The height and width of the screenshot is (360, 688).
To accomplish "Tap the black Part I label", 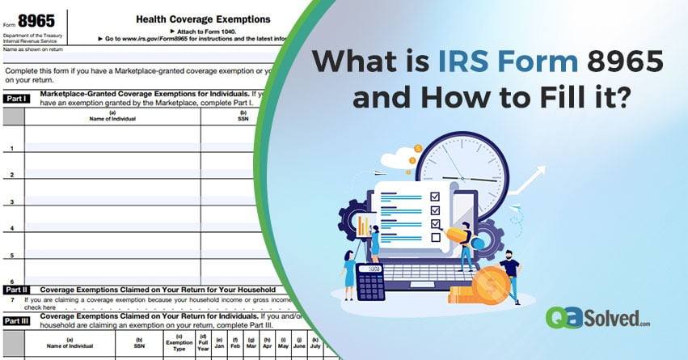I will [17, 99].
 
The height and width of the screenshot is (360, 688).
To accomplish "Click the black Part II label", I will [17, 289].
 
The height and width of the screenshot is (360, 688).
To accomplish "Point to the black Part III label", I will [17, 320].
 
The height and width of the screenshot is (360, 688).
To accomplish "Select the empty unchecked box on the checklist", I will [435, 237].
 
